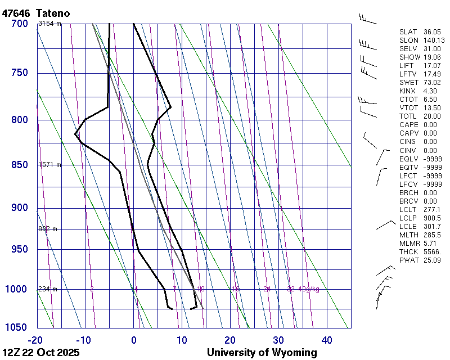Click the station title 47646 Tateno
pos(39,12)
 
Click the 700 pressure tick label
pos(19,24)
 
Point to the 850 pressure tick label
pos(19,165)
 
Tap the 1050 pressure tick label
pos(17,327)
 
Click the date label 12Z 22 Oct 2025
pos(41,353)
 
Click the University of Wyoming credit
pos(262,353)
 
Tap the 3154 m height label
pos(49,24)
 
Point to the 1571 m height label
pos(49,165)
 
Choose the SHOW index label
pos(409,57)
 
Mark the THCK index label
pos(409,251)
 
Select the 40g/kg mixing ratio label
pos(309,289)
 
